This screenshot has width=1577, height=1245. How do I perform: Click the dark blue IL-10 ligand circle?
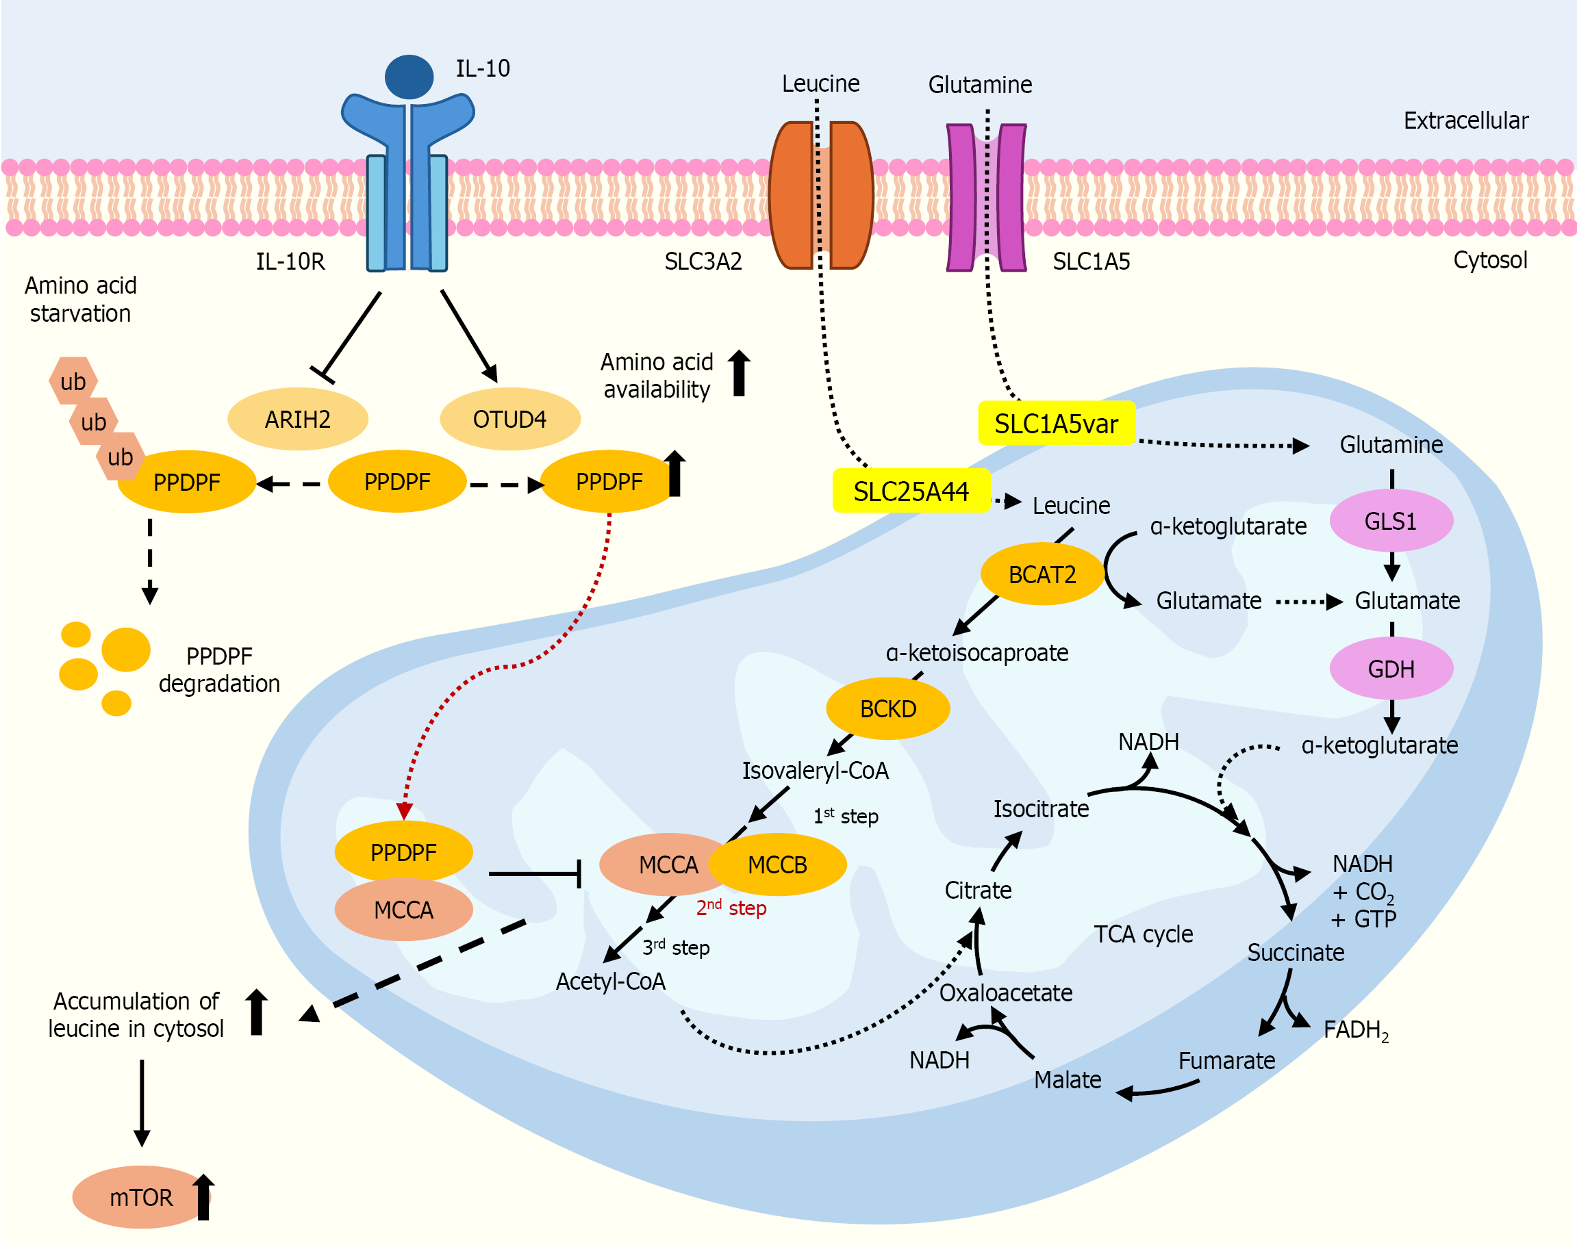(x=409, y=77)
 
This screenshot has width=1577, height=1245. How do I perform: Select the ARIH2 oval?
(x=297, y=419)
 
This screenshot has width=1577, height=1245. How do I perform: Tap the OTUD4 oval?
(x=509, y=419)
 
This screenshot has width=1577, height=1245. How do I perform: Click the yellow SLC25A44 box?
(x=911, y=491)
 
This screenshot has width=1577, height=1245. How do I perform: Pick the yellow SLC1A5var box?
(x=1056, y=424)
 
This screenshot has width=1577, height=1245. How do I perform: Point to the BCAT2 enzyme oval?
(x=1042, y=574)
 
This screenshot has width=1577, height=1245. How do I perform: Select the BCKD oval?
(x=887, y=708)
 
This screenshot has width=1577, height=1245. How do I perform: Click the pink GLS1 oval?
(x=1390, y=520)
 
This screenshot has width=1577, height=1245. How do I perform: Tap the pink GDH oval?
(x=1390, y=669)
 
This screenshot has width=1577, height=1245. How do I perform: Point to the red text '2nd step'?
(x=731, y=908)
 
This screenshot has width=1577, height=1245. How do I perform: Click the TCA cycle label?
(x=1143, y=934)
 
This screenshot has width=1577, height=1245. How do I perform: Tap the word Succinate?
(x=1296, y=952)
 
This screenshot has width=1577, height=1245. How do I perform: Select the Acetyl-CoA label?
(x=610, y=981)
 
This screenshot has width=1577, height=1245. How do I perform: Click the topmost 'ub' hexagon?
(x=73, y=381)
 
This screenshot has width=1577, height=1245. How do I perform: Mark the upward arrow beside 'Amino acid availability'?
(x=739, y=373)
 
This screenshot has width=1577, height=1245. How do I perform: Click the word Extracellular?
(x=1465, y=120)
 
